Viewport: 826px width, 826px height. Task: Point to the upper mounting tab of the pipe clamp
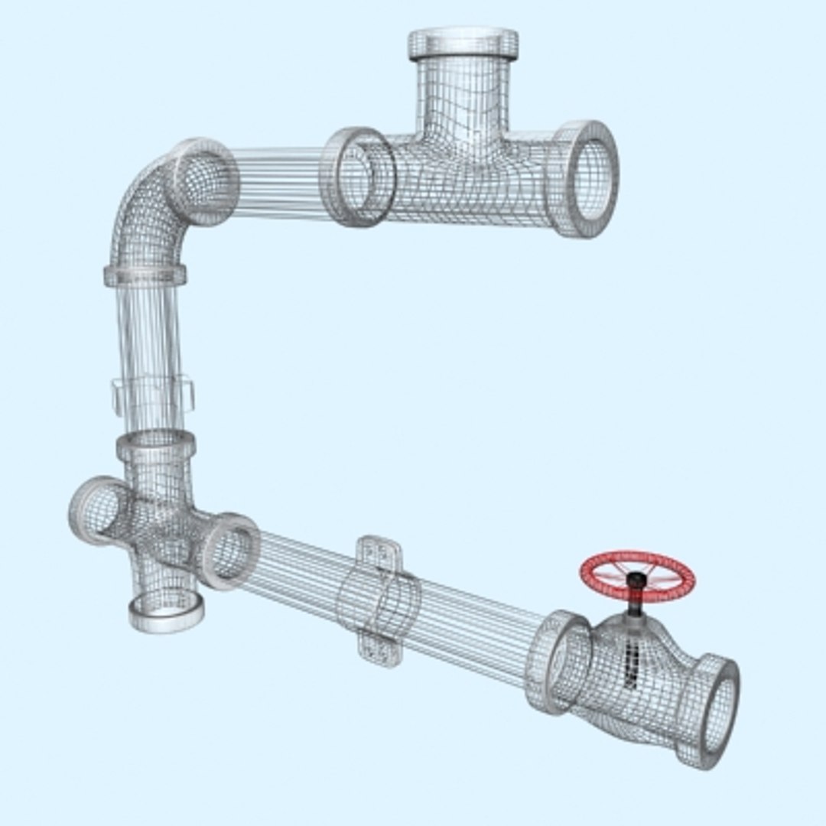coord(379,552)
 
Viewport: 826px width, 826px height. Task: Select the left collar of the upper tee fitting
coord(356,177)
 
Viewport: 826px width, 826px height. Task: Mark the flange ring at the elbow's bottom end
coord(145,275)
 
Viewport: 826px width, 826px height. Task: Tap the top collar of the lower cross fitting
coord(156,444)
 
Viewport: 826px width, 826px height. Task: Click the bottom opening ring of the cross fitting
coord(166,612)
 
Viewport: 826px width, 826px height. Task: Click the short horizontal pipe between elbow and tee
coord(279,182)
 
